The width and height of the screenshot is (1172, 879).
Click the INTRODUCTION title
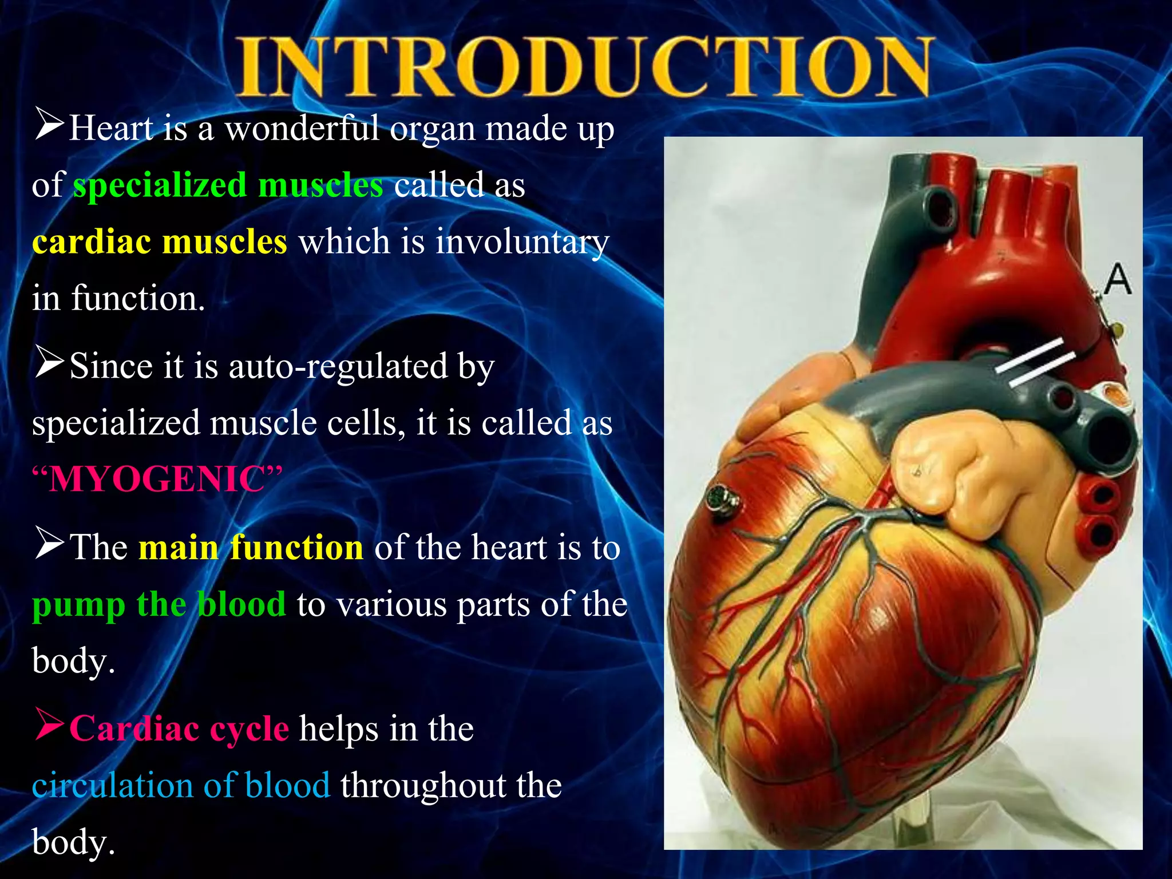tap(584, 68)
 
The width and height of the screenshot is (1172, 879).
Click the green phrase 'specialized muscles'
tap(228, 185)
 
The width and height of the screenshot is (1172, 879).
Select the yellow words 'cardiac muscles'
tap(159, 241)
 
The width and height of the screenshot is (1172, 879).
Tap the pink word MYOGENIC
tap(157, 480)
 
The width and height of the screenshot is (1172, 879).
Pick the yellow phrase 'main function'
tap(251, 548)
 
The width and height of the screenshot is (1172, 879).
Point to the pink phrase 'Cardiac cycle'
tap(179, 729)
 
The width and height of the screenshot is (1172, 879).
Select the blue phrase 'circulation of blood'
tap(181, 785)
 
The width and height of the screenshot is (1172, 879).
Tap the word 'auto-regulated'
tap(338, 366)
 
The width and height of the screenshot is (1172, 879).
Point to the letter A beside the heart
tap(1116, 280)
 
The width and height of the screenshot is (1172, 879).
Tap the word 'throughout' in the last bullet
tap(423, 785)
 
